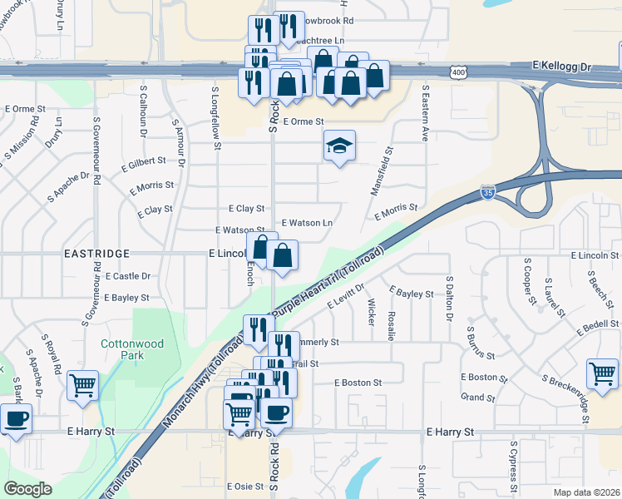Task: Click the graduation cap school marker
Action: point(339,146)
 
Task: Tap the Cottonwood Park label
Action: point(122,349)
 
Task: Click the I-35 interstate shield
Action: point(488,194)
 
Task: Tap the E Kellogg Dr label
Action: point(561,64)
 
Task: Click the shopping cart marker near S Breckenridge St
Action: point(603,373)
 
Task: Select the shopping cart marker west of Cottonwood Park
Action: point(82,385)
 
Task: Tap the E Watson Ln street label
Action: point(307,223)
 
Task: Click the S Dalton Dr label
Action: point(449,299)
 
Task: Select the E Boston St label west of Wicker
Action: point(358,383)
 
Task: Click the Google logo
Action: point(28,488)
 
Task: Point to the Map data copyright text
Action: point(586,492)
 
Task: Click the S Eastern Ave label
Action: point(425,112)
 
